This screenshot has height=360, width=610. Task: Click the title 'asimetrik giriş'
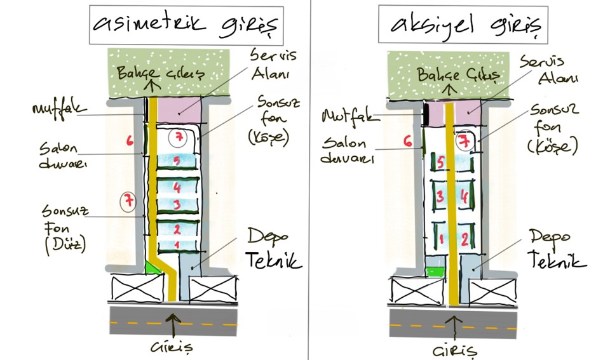[186, 25]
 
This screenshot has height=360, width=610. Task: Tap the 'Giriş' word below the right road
[454, 350]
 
